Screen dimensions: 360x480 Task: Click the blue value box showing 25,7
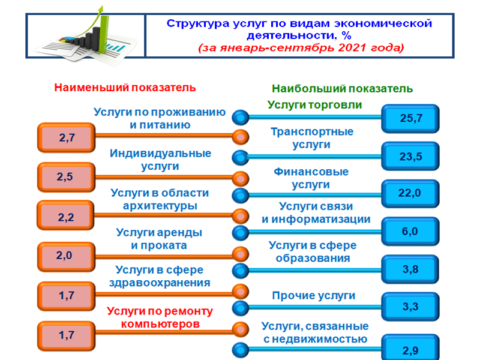coord(411,119)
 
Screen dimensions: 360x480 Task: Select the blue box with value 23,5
coord(411,157)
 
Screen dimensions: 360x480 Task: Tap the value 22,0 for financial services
coord(411,193)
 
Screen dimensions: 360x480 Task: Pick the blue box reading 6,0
coord(411,231)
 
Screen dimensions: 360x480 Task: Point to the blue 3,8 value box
coord(411,269)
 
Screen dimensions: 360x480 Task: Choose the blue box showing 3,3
coord(411,307)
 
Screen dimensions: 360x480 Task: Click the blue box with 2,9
coord(411,349)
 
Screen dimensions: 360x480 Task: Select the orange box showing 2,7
coord(67,138)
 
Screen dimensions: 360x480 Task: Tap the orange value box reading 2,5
coord(67,177)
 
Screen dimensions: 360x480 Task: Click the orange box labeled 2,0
coord(67,256)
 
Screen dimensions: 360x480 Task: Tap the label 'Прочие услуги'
coord(313,296)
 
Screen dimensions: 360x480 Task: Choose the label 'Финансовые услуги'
coord(311,178)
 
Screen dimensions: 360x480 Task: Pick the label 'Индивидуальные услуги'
coord(160,160)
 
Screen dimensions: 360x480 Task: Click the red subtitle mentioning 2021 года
coord(299,47)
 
